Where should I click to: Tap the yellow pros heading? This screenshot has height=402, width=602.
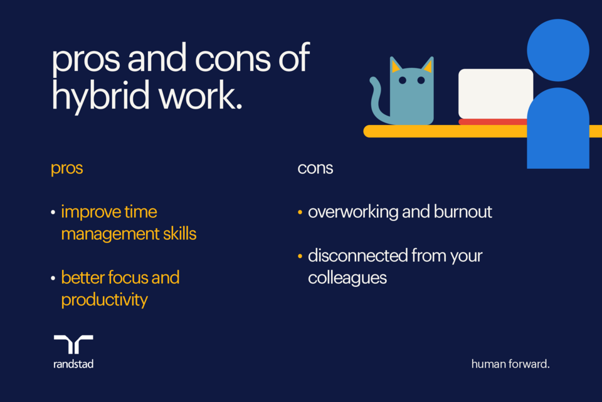coord(67,170)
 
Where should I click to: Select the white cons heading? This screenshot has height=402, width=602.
coord(315,169)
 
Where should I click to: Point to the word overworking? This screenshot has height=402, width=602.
coord(352,212)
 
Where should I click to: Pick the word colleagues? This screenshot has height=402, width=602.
coord(347,278)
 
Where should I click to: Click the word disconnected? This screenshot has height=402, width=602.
coord(357,256)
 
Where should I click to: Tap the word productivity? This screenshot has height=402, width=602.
coord(104,300)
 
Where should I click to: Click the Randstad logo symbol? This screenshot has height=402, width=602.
coord(73,345)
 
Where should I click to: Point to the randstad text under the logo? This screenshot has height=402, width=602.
coord(73,364)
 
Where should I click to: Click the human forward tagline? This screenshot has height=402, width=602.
coord(510,364)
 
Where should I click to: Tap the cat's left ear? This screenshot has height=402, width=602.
coord(396,66)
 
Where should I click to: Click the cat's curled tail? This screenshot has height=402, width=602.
coord(377,100)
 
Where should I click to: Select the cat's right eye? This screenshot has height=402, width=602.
coord(421,80)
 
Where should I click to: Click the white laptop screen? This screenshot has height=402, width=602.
coord(495,93)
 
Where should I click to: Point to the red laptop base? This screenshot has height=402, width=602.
coord(493,121)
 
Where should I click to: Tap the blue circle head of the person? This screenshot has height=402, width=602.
coord(557,50)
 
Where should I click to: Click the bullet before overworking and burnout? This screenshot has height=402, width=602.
coord(300,213)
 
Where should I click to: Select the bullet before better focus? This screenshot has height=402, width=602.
coord(54,278)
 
